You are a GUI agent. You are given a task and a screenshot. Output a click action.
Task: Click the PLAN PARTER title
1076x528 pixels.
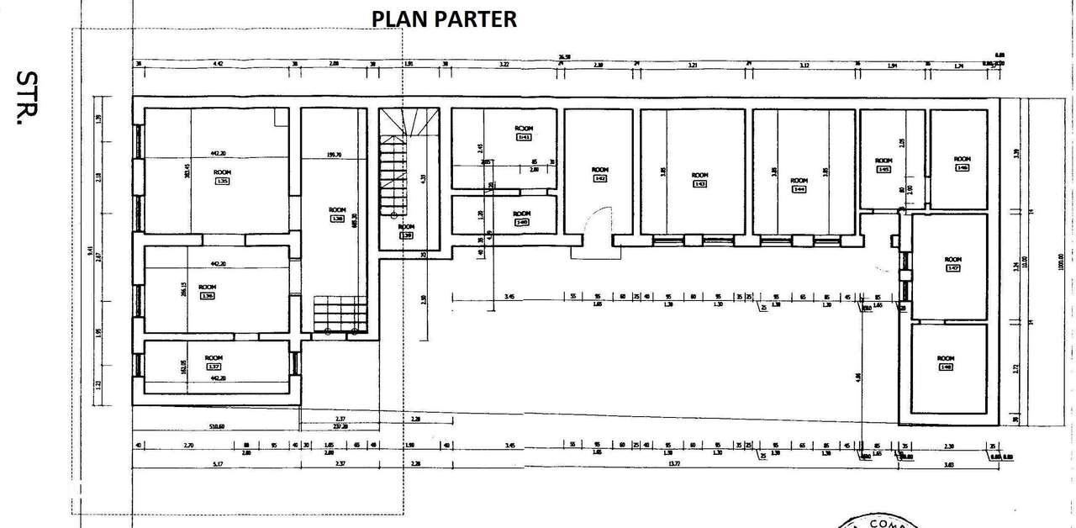(x=444, y=18)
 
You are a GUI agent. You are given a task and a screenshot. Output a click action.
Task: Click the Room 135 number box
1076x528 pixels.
(x=223, y=180)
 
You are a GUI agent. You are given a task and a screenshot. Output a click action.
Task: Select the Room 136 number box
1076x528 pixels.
(x=206, y=295)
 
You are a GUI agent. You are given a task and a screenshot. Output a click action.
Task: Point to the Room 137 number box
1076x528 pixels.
(x=214, y=367)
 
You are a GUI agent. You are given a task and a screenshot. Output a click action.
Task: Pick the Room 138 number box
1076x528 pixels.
(x=337, y=219)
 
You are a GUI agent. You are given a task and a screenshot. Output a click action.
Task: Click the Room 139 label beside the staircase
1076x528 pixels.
(x=406, y=231)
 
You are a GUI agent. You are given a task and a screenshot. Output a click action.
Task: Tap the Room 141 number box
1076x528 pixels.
(x=524, y=136)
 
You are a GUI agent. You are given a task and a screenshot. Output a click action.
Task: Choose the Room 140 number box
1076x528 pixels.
(x=522, y=222)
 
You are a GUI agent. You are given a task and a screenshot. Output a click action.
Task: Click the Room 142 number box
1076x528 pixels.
(x=599, y=178)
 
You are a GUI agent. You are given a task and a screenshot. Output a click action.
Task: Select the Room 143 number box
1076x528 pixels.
(x=699, y=183)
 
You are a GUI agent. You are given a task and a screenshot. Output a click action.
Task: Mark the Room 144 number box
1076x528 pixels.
(x=799, y=189)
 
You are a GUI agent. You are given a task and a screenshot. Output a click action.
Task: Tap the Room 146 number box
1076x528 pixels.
(x=963, y=167)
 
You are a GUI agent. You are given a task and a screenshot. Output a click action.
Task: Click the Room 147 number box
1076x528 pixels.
(x=952, y=268)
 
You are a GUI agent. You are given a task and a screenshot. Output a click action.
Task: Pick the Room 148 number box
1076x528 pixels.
(x=946, y=367)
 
